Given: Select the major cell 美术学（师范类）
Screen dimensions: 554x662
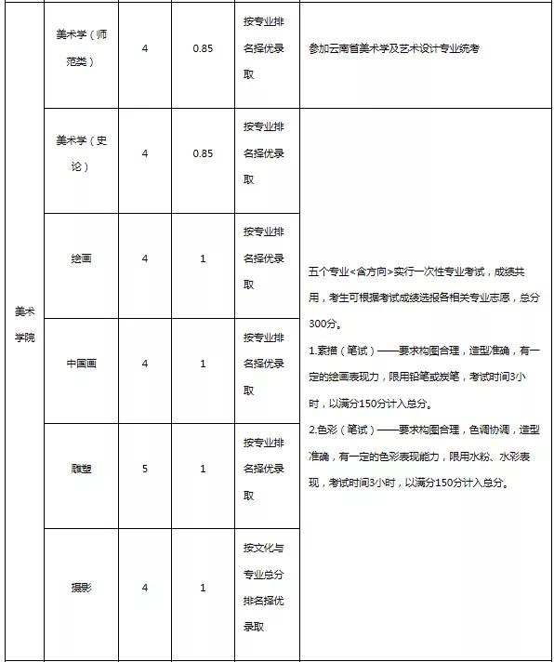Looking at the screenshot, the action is [x=82, y=48].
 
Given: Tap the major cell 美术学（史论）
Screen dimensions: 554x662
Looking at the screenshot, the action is [x=82, y=152].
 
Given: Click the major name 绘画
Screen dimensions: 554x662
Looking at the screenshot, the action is [x=82, y=258].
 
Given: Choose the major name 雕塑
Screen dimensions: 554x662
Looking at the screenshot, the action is [x=82, y=469].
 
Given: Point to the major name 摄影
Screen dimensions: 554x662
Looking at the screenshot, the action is [x=82, y=587].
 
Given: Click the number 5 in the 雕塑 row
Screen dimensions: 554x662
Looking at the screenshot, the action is [x=145, y=469].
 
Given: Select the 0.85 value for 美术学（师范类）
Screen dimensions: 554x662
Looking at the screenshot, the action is [x=202, y=48].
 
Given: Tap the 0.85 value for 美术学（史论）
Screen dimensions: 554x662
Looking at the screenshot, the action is [x=202, y=152].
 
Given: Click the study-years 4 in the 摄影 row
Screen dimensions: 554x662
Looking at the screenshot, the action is [x=145, y=587].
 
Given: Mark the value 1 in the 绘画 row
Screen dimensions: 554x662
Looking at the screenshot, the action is [x=202, y=258].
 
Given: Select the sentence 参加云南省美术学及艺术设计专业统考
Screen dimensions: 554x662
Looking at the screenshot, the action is [x=393, y=49].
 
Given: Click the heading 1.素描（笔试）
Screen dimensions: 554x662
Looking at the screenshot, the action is [x=342, y=351].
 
